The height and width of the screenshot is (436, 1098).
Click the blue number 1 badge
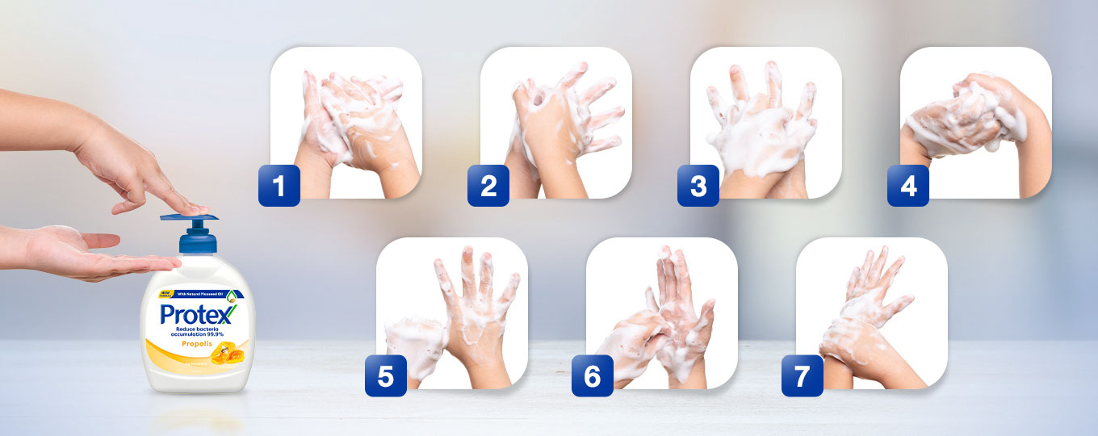coord(279,186)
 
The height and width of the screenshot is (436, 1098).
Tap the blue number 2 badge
coord(488,186)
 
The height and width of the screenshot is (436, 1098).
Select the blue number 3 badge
coord(698,186)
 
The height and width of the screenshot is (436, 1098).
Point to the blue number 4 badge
coord(908,186)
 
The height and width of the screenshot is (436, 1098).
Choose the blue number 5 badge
coord(386,376)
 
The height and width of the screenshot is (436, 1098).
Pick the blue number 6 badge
coord(593,376)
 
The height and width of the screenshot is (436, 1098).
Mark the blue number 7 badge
coord(803,376)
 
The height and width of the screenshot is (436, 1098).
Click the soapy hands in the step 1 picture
coord(351,121)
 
